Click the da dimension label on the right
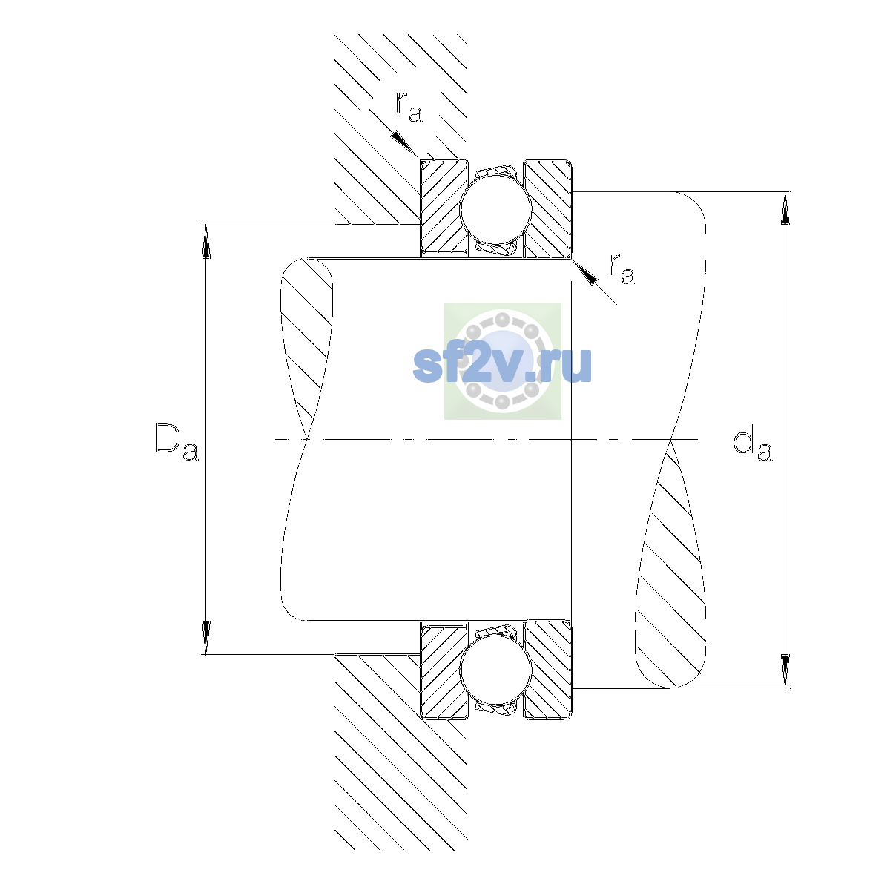(752, 446)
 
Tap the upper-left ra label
(409, 107)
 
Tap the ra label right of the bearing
(622, 268)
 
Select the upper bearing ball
(496, 208)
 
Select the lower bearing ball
(496, 670)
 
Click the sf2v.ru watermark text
(502, 366)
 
